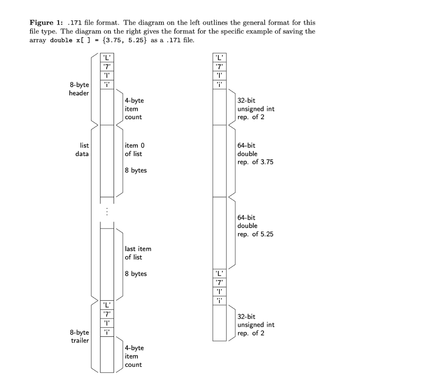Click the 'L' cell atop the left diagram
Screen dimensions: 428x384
point(107,58)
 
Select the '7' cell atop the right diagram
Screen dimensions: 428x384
point(219,67)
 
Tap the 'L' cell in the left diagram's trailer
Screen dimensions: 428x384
point(107,305)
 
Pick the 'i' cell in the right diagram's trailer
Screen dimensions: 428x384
point(219,301)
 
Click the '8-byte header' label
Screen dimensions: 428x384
point(79,89)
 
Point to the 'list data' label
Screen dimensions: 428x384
point(82,150)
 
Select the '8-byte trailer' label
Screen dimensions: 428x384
point(79,336)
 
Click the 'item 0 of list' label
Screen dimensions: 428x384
point(135,150)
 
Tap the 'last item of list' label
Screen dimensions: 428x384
point(138,253)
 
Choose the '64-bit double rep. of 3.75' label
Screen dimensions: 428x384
point(255,154)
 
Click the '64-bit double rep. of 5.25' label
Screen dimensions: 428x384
point(255,226)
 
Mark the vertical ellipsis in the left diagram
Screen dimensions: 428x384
point(107,211)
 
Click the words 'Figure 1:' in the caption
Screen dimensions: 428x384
point(46,23)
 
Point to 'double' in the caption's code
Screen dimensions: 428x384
point(61,41)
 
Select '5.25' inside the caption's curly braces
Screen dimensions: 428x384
point(136,41)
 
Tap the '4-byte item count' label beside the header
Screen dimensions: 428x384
point(134,109)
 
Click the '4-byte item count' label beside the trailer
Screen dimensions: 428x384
point(134,356)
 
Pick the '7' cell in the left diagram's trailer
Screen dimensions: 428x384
point(107,314)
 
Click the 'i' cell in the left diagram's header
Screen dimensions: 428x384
point(107,84)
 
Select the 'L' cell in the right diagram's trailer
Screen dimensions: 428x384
point(219,274)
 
